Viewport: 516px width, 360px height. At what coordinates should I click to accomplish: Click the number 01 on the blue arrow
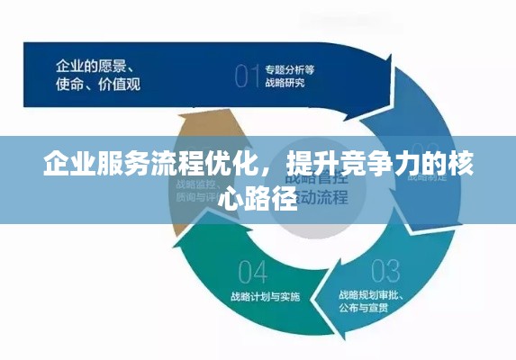point(246,76)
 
